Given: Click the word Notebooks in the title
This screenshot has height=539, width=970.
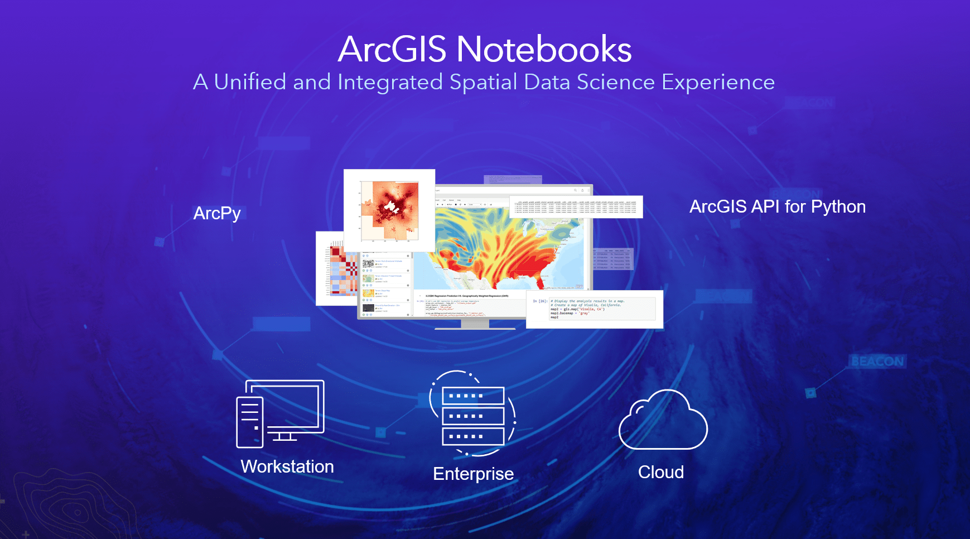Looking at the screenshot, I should coord(544,49).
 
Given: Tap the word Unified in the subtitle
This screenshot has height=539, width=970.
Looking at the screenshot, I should coord(250,82).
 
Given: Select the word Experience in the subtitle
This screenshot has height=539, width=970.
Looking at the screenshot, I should coord(718,82).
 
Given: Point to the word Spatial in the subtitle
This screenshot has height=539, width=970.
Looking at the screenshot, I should coord(483,82).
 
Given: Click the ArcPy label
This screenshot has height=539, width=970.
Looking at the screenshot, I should coord(217,213).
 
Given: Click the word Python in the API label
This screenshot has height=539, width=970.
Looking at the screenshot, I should coord(838,206).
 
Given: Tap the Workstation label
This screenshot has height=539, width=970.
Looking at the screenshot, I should coord(287,466).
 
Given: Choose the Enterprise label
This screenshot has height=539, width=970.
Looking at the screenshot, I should coord(473,474).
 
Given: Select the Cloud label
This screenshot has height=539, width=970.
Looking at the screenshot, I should coord(661,472).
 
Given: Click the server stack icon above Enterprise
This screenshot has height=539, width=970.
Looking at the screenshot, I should coord(473,416).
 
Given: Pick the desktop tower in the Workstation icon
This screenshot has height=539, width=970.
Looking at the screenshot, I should coord(249,422).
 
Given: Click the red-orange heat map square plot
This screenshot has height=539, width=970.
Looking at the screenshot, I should coord(389,210).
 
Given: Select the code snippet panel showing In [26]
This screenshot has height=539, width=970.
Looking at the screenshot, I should coord(595,309).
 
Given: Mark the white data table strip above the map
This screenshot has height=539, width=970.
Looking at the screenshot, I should coord(576,206).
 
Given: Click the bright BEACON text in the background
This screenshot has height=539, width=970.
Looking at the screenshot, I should coord(877,362).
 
